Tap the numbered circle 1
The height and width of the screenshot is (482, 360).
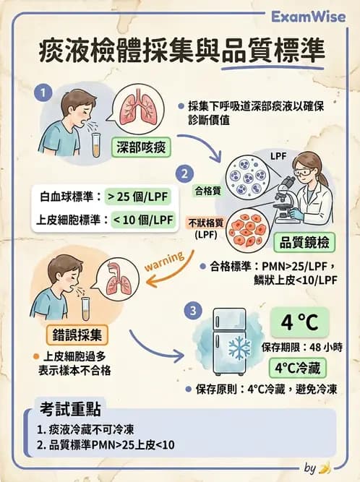coord(45,92)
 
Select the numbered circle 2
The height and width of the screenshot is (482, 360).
coord(186,174)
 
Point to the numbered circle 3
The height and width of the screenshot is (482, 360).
coord(191,311)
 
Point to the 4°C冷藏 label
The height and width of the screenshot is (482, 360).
coord(299,366)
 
